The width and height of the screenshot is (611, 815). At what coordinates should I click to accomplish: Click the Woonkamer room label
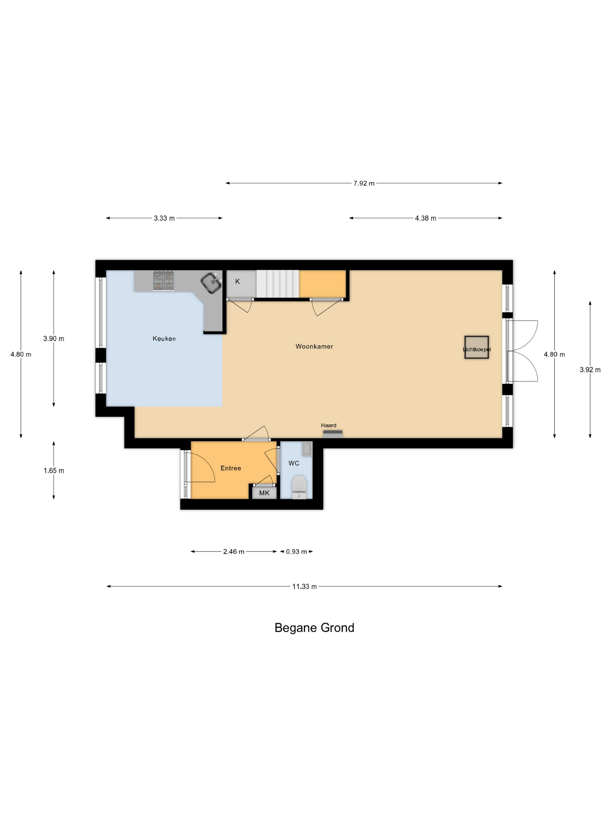[314, 346]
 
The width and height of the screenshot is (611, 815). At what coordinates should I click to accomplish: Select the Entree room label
[230, 468]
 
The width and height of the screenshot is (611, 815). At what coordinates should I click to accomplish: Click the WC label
[294, 463]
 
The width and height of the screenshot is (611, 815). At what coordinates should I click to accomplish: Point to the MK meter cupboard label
[264, 493]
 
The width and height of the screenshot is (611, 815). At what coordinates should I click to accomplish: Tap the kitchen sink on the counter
[211, 283]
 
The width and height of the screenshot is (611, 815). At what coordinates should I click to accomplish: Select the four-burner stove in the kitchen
[164, 281]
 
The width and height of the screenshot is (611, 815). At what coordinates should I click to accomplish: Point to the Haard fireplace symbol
[333, 434]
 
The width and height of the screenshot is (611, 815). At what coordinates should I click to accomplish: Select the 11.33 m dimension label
[304, 586]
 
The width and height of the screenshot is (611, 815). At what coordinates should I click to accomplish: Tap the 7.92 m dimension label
[364, 183]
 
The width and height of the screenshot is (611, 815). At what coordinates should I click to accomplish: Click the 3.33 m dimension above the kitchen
[164, 218]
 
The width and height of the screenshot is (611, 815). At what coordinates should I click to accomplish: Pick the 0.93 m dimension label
[296, 552]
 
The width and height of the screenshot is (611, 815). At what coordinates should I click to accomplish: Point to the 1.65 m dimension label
[54, 470]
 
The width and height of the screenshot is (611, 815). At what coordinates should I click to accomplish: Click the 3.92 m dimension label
[590, 370]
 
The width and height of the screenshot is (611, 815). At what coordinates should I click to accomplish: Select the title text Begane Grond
[314, 628]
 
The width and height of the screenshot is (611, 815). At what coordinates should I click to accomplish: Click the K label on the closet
[237, 281]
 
